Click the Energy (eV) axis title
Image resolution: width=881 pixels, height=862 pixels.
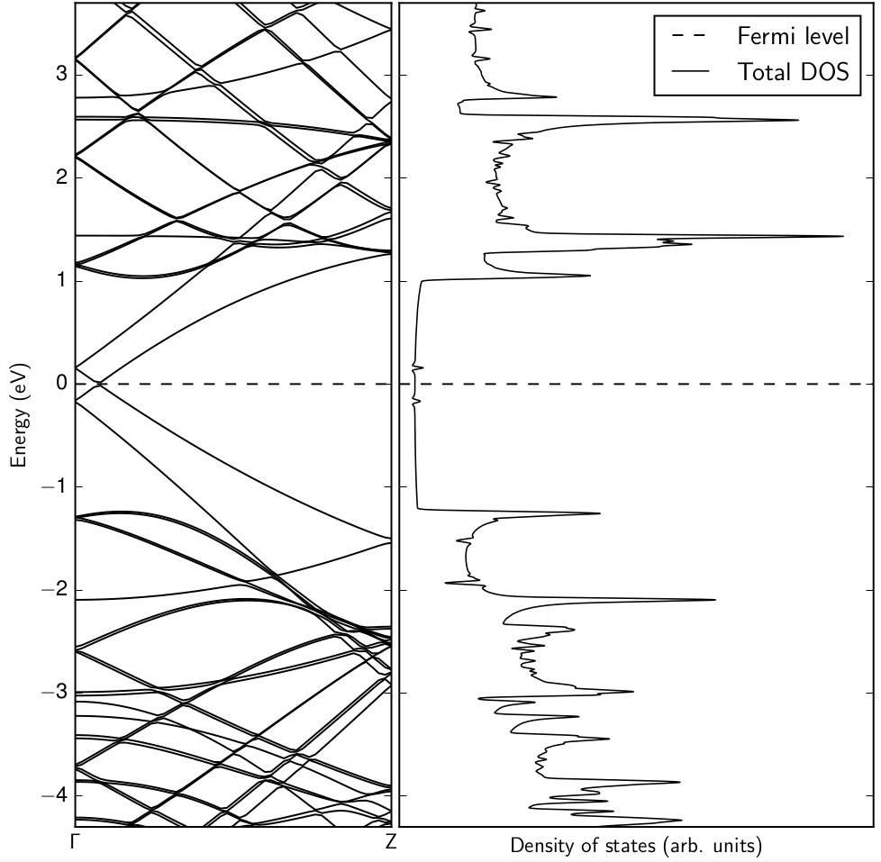pyautogui.click(x=17, y=415)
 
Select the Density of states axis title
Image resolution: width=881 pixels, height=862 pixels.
pyautogui.click(x=636, y=846)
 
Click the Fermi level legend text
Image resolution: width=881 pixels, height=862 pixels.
pyautogui.click(x=793, y=37)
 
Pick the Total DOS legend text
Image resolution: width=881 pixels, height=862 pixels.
pyautogui.click(x=793, y=72)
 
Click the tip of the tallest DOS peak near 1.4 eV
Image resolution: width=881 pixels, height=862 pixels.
pyautogui.click(x=843, y=236)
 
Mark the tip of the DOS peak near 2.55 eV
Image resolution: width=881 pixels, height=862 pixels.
pyautogui.click(x=798, y=120)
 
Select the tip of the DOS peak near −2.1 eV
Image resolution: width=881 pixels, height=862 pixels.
pyautogui.click(x=715, y=600)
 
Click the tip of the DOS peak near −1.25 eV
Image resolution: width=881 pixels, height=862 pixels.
pyautogui.click(x=600, y=513)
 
